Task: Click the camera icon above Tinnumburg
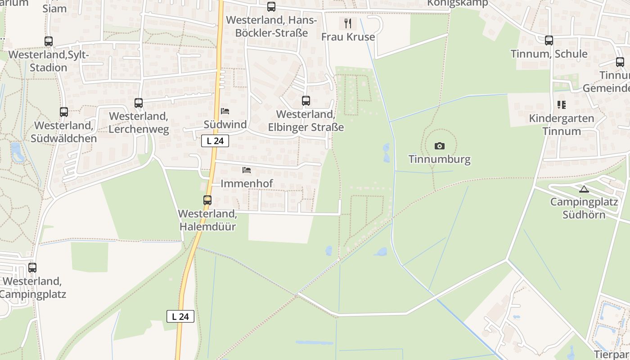(x=440, y=146)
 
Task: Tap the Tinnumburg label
(x=440, y=159)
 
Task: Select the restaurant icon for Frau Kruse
(x=347, y=23)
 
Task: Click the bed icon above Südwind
(x=225, y=111)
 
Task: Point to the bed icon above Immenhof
(x=247, y=170)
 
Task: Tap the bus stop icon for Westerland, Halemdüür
(x=207, y=200)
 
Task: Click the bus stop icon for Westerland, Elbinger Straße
(x=306, y=101)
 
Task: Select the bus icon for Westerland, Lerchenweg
(x=139, y=103)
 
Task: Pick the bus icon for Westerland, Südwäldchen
(x=64, y=112)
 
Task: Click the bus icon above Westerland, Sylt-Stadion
(x=49, y=41)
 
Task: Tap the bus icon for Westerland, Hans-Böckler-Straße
(x=271, y=7)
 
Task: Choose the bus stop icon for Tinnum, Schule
(x=549, y=40)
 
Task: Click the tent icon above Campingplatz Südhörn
(x=584, y=189)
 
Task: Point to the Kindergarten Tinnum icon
(x=561, y=105)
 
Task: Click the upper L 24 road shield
(x=215, y=141)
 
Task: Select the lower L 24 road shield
(x=180, y=316)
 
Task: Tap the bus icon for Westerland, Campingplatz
(x=32, y=268)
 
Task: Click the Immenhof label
(x=247, y=184)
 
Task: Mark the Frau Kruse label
(x=348, y=37)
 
